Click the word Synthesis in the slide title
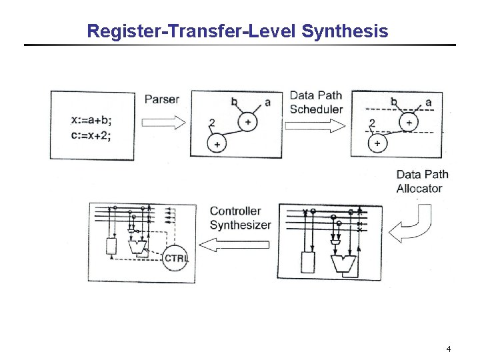345,31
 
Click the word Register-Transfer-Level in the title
192,31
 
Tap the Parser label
162,99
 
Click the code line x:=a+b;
91,121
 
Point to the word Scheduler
317,109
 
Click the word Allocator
419,188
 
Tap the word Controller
235,211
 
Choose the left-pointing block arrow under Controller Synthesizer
235,245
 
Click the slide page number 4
449,349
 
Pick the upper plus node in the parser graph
248,122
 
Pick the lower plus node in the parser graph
217,143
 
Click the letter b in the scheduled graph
394,102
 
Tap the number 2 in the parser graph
211,123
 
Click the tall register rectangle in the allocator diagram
307,262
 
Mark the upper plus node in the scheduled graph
408,122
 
